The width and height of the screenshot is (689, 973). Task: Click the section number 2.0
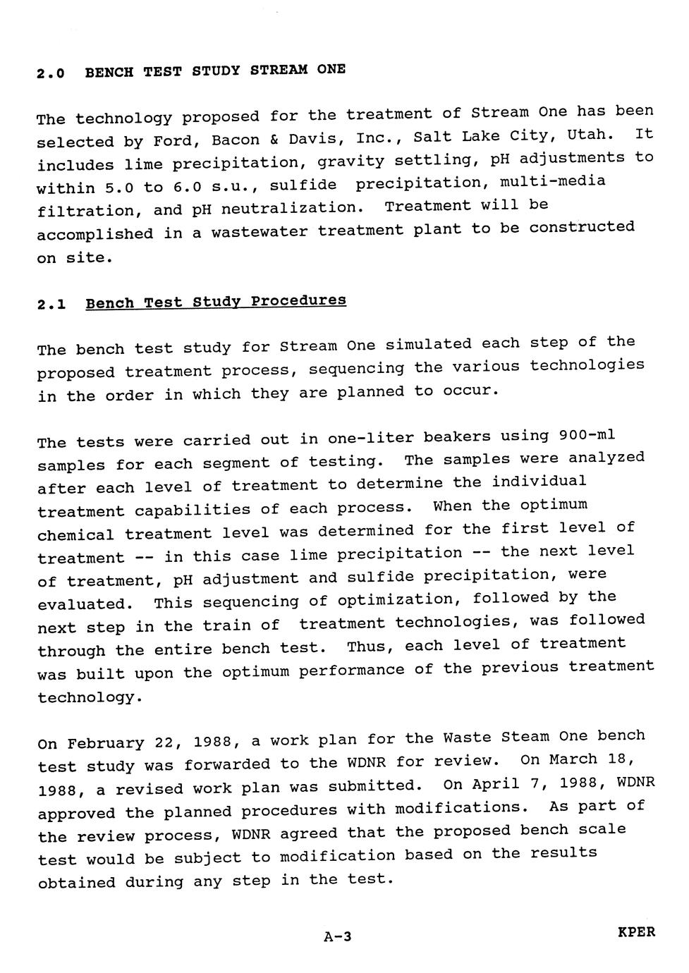tap(51, 73)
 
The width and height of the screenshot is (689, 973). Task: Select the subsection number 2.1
tap(51, 305)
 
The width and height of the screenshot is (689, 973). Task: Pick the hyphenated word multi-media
tap(552, 182)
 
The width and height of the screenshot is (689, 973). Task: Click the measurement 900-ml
tap(587, 435)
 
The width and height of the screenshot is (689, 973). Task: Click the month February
tap(105, 743)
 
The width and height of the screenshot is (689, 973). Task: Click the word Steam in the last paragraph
tap(525, 738)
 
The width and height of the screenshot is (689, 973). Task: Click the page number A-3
tap(337, 936)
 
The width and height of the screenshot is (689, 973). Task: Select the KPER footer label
tap(636, 932)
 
